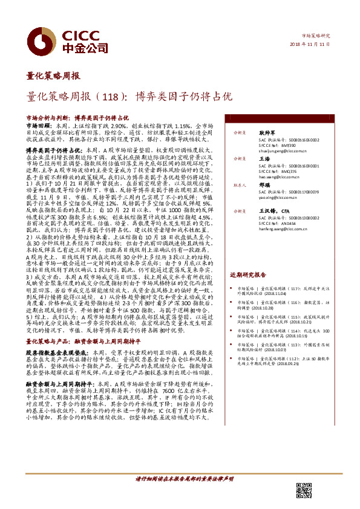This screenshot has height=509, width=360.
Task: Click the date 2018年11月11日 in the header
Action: click(315, 44)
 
